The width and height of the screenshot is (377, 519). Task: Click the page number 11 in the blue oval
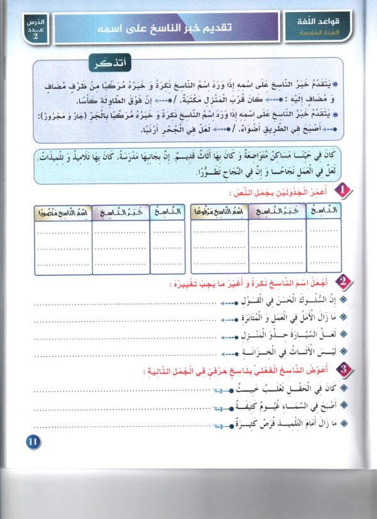coord(33,442)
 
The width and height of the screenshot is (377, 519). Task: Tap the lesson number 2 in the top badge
coord(35,35)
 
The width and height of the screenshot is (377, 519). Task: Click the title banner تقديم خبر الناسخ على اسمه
coord(168,29)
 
